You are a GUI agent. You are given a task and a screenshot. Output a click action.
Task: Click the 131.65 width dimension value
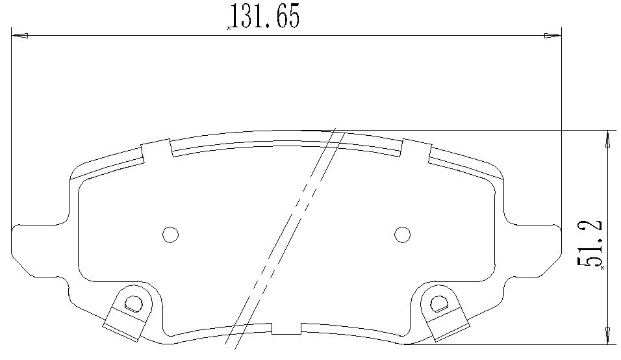click(265, 16)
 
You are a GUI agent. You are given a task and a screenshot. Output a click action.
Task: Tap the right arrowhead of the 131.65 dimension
click(553, 36)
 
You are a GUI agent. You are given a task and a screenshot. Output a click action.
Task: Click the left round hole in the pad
click(171, 235)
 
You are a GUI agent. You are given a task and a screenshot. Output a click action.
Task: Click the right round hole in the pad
click(402, 235)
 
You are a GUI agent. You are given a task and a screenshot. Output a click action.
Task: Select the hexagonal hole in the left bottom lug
click(133, 304)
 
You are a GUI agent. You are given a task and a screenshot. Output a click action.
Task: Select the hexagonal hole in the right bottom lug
click(439, 304)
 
